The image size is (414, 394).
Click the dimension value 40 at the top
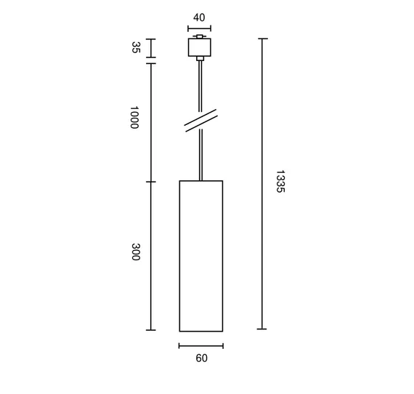coord(199,17)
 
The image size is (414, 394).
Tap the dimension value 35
coord(135,47)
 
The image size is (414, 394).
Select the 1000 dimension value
coord(134,117)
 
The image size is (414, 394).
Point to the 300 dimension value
coord(135,252)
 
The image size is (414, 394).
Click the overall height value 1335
coord(280,182)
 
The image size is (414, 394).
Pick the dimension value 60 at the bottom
coord(201,358)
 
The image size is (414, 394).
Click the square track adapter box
coord(200,47)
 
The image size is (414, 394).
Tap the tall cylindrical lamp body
coord(201,256)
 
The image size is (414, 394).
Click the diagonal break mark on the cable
coord(201,121)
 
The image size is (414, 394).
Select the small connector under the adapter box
coord(200,59)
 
